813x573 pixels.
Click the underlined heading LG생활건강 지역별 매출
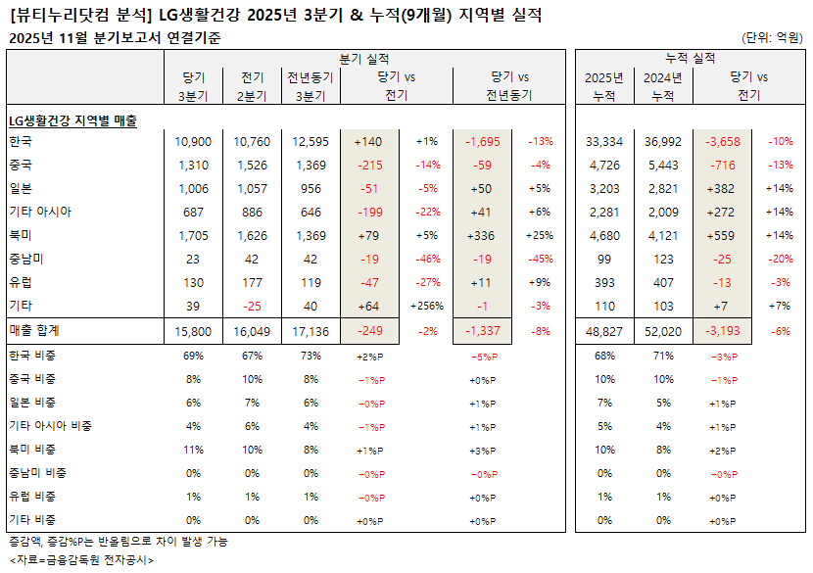click(x=72, y=119)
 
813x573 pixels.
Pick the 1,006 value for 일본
click(x=193, y=189)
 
